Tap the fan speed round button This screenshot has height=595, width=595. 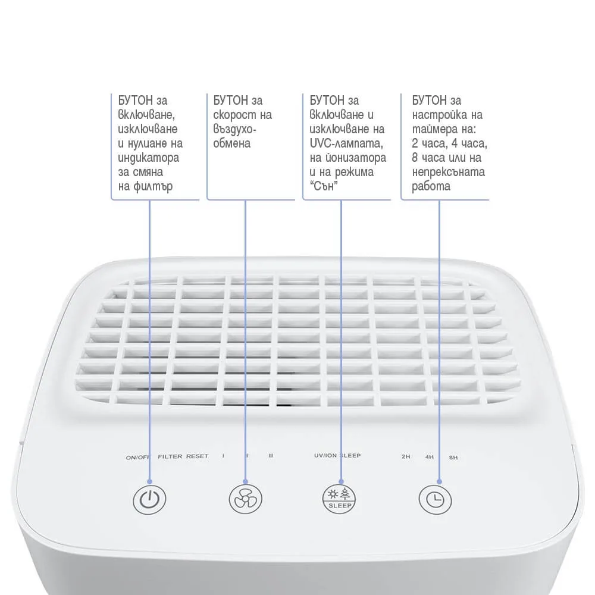[246, 499]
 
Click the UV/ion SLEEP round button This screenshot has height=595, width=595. [339, 499]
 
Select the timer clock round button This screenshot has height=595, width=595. [436, 499]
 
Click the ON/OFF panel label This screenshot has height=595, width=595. [138, 458]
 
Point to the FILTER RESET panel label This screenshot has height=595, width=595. [183, 456]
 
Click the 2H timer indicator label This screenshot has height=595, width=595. [406, 456]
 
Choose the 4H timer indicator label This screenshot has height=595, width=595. [429, 457]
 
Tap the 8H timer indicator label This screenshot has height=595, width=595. [453, 458]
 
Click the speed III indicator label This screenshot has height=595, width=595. [271, 456]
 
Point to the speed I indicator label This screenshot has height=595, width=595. [223, 456]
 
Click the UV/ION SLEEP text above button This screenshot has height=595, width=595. [337, 455]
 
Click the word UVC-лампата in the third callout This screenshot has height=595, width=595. [346, 143]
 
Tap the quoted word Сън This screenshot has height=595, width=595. [324, 186]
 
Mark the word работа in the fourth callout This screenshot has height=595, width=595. [431, 187]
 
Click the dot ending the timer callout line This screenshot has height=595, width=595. [440, 481]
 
